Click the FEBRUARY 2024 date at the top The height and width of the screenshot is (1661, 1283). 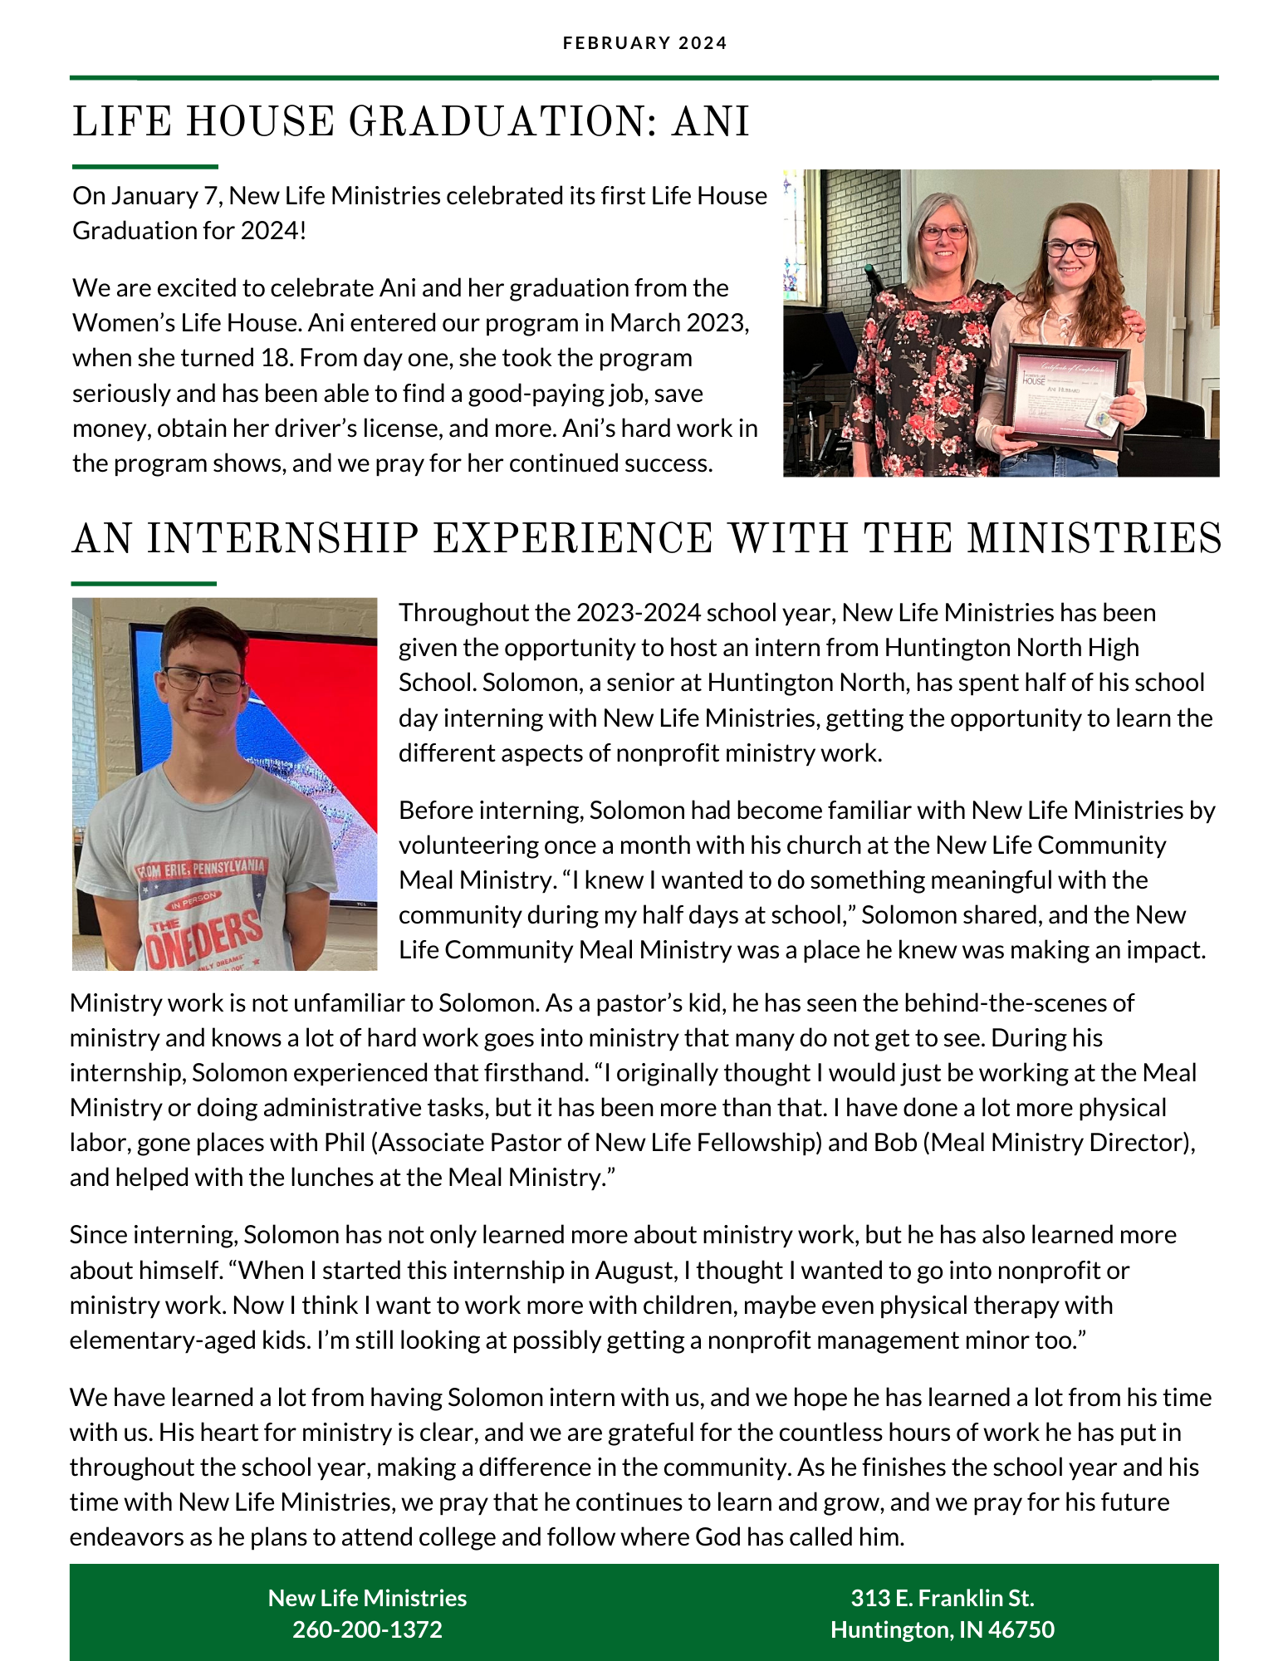point(644,43)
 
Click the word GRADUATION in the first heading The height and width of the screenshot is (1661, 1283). point(496,123)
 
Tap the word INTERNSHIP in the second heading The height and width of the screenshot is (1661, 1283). point(282,539)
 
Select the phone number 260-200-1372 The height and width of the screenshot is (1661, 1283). point(367,1629)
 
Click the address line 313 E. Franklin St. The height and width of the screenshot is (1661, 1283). point(943,1598)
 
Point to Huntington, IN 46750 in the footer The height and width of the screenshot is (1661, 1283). point(943,1629)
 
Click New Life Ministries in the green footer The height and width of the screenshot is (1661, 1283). point(367,1598)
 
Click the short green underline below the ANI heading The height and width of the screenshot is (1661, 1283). point(144,167)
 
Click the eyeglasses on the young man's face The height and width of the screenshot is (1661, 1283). point(203,681)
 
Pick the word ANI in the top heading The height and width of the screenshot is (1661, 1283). point(711,123)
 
